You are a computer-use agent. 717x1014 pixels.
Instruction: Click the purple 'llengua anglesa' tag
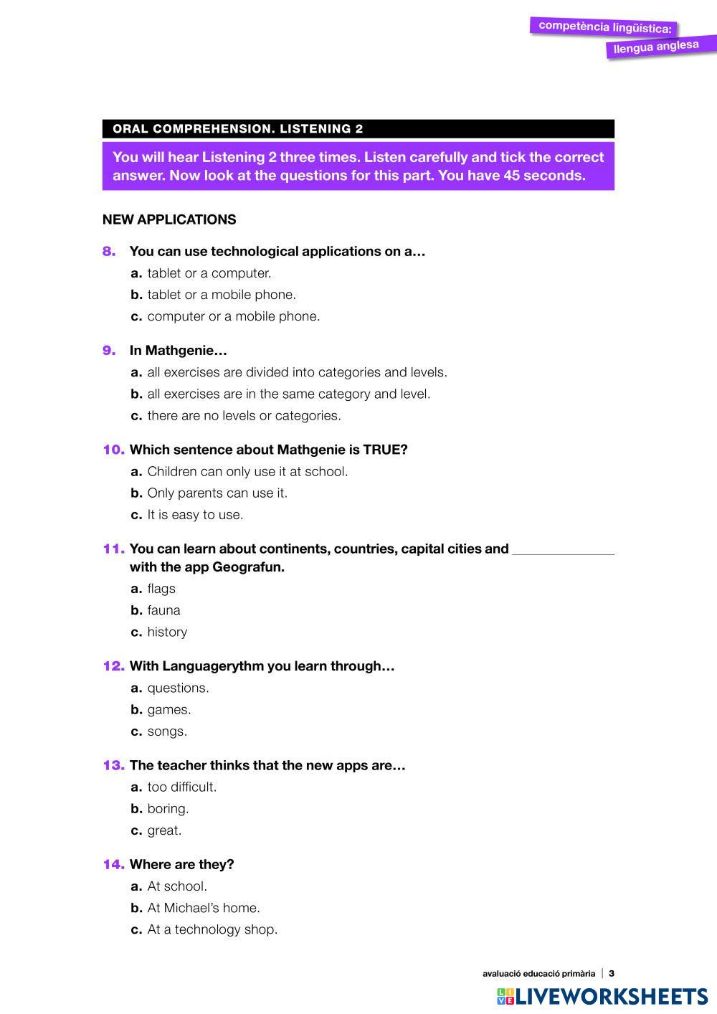(656, 47)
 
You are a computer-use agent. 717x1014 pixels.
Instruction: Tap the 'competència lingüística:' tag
(604, 27)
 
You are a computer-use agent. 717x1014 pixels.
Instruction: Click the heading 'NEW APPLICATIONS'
(169, 219)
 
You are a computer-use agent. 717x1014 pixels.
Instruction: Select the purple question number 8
(109, 251)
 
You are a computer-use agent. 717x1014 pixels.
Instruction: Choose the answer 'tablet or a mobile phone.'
(221, 295)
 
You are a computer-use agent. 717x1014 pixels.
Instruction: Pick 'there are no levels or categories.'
(244, 416)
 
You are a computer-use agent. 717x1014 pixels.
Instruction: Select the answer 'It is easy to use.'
(195, 515)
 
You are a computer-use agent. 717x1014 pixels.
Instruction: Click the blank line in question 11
(564, 551)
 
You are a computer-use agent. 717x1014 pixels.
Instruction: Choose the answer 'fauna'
(163, 610)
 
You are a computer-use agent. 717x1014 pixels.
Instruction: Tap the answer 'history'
(167, 632)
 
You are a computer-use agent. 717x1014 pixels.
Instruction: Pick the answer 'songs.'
(167, 731)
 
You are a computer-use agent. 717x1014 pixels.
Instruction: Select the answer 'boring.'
(168, 809)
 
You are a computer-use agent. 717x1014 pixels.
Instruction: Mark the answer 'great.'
(164, 830)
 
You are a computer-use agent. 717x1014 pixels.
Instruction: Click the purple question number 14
(113, 864)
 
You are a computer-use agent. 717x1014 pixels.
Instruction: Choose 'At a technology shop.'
(212, 929)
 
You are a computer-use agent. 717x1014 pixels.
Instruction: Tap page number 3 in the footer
(612, 974)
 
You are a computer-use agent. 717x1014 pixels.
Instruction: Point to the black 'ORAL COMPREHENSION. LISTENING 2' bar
(358, 129)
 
